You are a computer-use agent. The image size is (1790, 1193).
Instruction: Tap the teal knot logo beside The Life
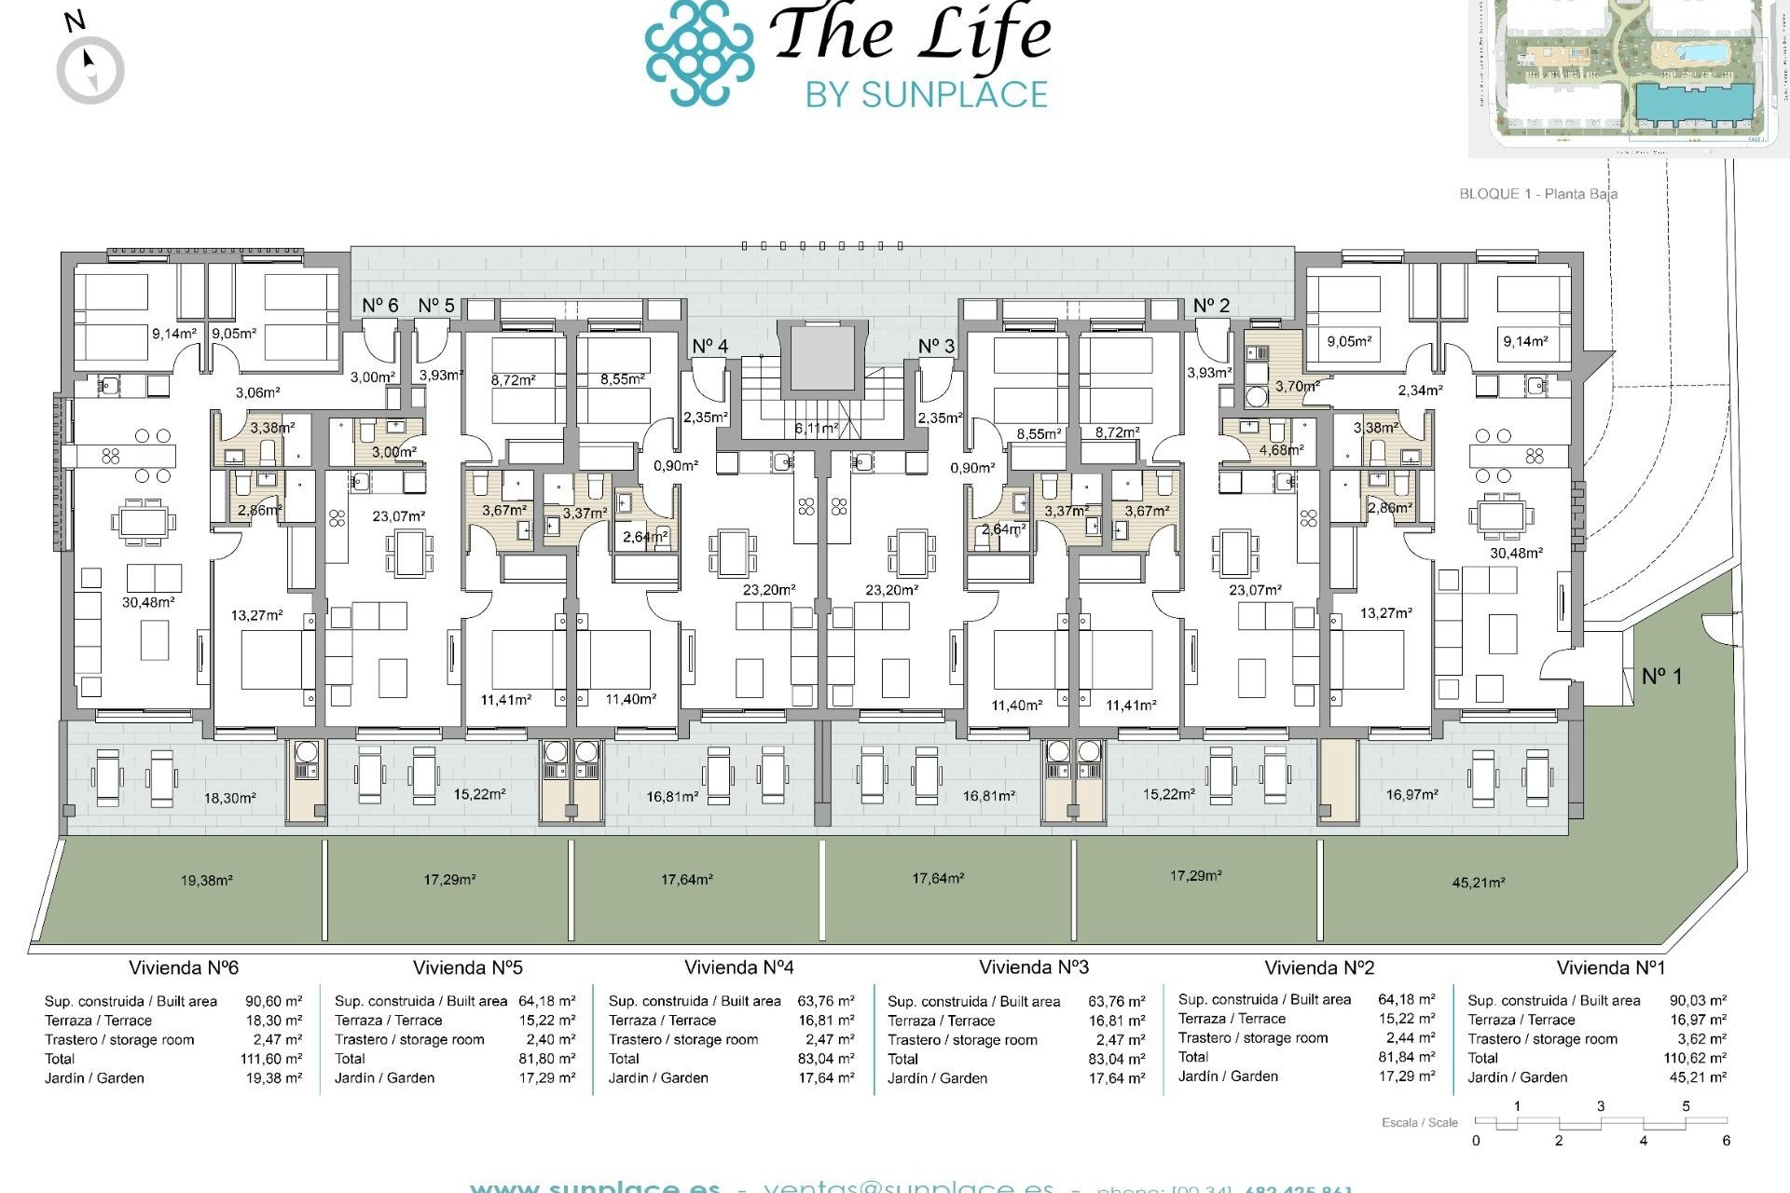point(699,52)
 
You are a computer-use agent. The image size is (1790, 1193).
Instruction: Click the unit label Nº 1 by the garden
point(1661,676)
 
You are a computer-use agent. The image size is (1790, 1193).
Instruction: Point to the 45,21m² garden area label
point(1478,882)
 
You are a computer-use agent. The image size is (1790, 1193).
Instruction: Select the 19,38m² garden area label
point(206,880)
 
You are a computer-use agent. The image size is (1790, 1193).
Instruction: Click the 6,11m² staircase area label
point(816,428)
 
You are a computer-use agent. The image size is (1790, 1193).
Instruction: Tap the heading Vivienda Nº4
point(738,967)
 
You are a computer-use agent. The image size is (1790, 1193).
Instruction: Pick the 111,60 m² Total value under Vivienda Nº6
point(271,1059)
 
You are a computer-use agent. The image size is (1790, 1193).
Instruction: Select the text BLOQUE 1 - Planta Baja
point(1538,194)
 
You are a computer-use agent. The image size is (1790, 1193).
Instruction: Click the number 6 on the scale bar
point(1726,1140)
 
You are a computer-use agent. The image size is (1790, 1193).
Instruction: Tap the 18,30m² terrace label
point(229,798)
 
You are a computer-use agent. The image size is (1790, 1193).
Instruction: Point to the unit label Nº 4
point(709,347)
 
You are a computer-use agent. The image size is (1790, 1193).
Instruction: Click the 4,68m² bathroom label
point(1281,449)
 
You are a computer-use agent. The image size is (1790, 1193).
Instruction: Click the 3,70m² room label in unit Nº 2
point(1297,386)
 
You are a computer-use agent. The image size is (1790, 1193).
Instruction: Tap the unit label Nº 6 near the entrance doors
point(379,306)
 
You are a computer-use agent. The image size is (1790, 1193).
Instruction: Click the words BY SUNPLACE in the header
point(926,94)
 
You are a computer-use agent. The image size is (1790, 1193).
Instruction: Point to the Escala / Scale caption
point(1419,1122)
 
